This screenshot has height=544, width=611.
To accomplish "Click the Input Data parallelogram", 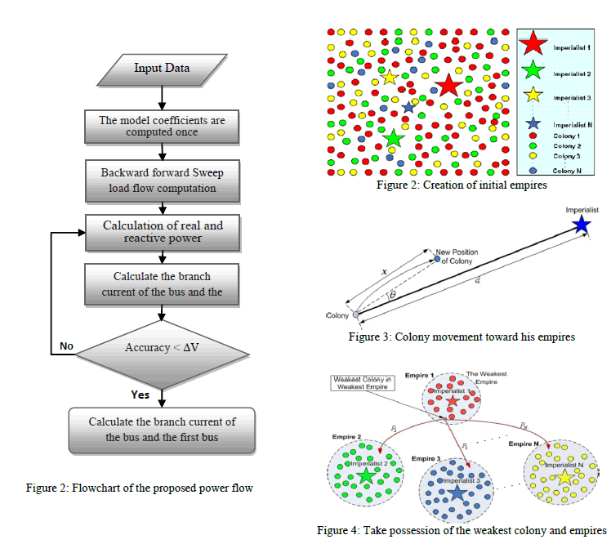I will (162, 68).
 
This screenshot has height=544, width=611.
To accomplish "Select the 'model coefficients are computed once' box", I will (162, 127).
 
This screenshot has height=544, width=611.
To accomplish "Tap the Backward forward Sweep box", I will (162, 181).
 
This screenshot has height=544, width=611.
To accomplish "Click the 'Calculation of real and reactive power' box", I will (162, 232).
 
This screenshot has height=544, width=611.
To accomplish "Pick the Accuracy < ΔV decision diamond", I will (162, 347).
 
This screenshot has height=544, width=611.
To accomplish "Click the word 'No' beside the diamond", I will (67, 346).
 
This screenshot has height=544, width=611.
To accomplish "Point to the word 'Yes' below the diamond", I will (140, 395).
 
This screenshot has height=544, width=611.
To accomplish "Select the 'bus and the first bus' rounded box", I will (162, 429).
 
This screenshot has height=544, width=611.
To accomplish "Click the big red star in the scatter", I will (447, 85).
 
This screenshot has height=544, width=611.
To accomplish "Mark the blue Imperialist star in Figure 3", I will (581, 224).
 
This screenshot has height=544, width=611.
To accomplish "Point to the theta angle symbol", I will (393, 294).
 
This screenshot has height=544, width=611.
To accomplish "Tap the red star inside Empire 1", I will (453, 401).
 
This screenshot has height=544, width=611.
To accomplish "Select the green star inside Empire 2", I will (365, 475).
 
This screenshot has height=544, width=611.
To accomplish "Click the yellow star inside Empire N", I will (563, 476).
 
